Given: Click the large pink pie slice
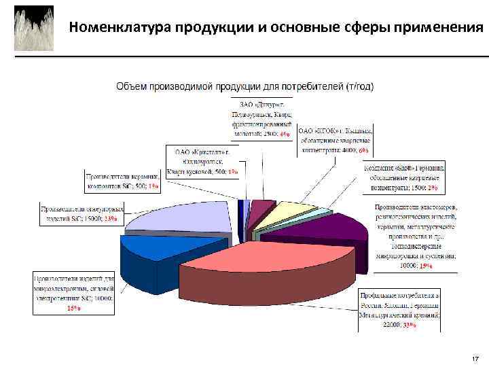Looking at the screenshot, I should click(x=272, y=262).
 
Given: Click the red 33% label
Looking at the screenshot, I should click(x=409, y=326).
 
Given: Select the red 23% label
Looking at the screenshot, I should click(x=109, y=219).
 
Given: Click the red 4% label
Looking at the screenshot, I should click(x=285, y=135).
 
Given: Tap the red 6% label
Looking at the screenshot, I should click(x=364, y=150).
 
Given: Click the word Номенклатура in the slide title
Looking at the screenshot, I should click(x=120, y=28).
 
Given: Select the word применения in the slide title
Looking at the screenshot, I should click(x=439, y=28).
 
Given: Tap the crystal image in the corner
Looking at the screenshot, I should click(x=34, y=29).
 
